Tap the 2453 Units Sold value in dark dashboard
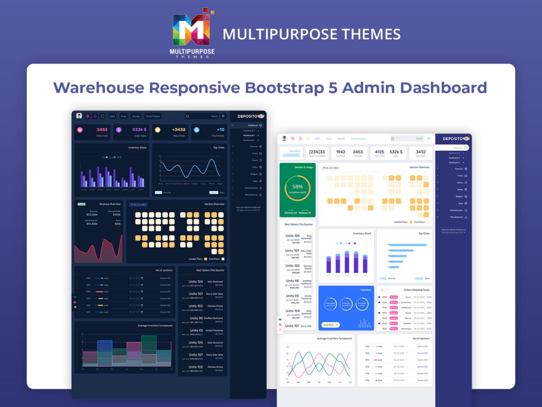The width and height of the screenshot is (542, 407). coord(102,129)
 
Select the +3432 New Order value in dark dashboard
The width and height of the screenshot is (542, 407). coord(178,129)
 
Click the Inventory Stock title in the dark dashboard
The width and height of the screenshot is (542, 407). coord(137,147)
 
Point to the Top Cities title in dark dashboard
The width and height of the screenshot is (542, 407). coord(219,147)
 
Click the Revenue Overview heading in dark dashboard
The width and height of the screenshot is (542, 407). coord(110,203)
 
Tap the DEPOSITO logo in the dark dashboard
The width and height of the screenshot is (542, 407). coord(250,116)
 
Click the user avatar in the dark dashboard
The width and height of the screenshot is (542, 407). coord(79,116)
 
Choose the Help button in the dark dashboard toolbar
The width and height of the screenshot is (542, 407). coord(123,116)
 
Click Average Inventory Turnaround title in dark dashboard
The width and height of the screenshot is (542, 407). coord(155,325)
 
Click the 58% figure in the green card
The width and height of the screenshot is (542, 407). coord(297,187)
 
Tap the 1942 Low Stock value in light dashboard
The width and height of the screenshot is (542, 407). coord(341,152)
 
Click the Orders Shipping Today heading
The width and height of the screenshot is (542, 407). coord(417,290)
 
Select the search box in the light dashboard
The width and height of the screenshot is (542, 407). coord(407,138)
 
